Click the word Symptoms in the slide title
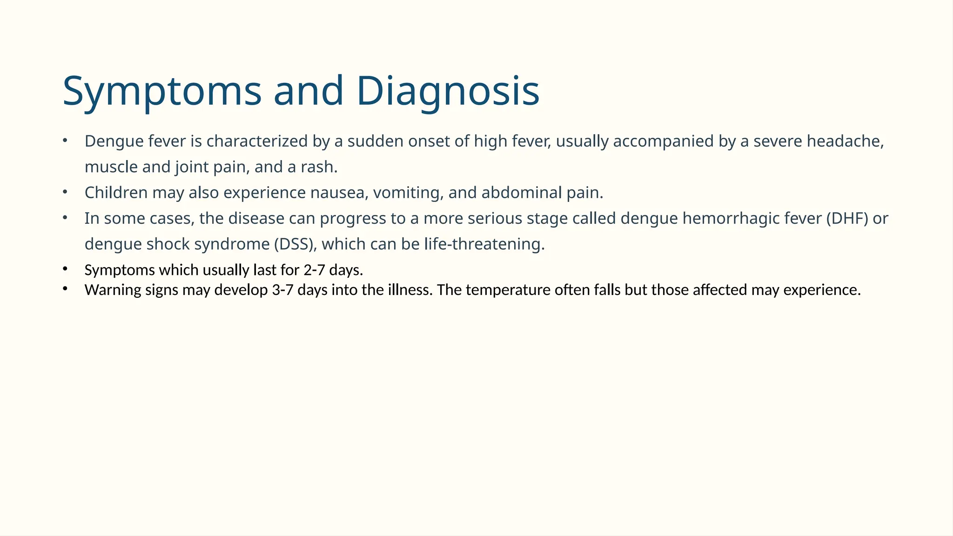(x=162, y=92)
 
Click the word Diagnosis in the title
(x=448, y=92)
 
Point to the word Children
(x=116, y=193)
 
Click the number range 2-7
(x=314, y=270)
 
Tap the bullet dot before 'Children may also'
(x=65, y=192)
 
